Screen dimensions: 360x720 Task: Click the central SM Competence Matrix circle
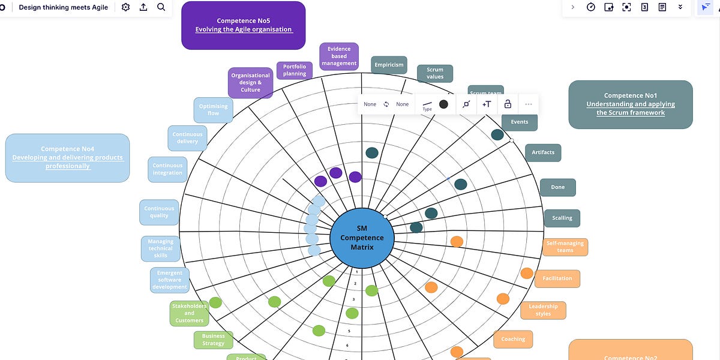pyautogui.click(x=362, y=238)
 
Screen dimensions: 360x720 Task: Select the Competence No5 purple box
pyautogui.click(x=243, y=25)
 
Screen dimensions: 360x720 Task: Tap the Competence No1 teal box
pyautogui.click(x=631, y=104)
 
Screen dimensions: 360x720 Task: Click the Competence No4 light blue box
pyautogui.click(x=67, y=158)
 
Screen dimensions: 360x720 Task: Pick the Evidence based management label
pyautogui.click(x=339, y=56)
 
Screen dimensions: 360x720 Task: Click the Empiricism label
pyautogui.click(x=389, y=65)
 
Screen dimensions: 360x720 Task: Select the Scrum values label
pyautogui.click(x=435, y=73)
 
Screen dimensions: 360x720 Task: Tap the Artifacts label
pyautogui.click(x=543, y=152)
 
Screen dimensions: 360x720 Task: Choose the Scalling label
pyautogui.click(x=562, y=218)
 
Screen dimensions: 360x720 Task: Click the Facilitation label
pyautogui.click(x=557, y=278)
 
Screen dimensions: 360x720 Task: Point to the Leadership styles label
pyautogui.click(x=543, y=310)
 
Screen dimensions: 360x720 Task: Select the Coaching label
pyautogui.click(x=513, y=339)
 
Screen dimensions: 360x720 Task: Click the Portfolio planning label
pyautogui.click(x=295, y=70)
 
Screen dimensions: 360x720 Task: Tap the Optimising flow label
pyautogui.click(x=214, y=110)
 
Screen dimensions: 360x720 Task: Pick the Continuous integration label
pyautogui.click(x=167, y=169)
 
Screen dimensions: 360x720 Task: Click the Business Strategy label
pyautogui.click(x=213, y=340)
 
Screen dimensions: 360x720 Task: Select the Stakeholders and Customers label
pyautogui.click(x=190, y=313)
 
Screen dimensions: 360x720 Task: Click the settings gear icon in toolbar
pyautogui.click(x=125, y=7)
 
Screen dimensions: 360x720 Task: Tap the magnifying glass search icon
pyautogui.click(x=161, y=7)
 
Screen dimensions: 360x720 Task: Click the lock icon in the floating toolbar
pyautogui.click(x=508, y=104)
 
